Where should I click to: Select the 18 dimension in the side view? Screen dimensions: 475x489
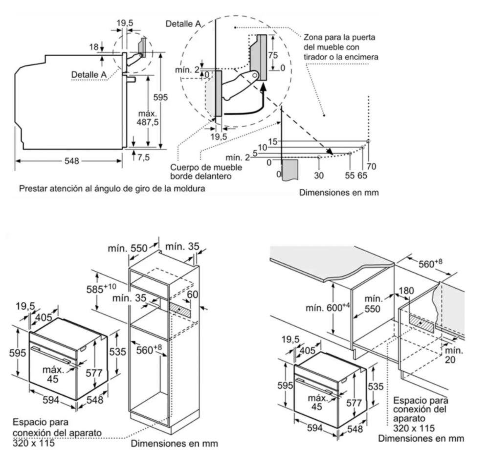[93, 47]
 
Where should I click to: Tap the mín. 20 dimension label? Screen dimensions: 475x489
[453, 355]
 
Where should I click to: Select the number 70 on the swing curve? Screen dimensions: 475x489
[372, 167]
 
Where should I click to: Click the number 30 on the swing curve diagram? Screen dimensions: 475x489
[319, 174]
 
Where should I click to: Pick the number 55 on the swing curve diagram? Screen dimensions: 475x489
[350, 174]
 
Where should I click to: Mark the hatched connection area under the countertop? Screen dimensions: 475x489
[421, 321]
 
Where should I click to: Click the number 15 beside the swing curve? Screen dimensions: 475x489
[273, 141]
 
